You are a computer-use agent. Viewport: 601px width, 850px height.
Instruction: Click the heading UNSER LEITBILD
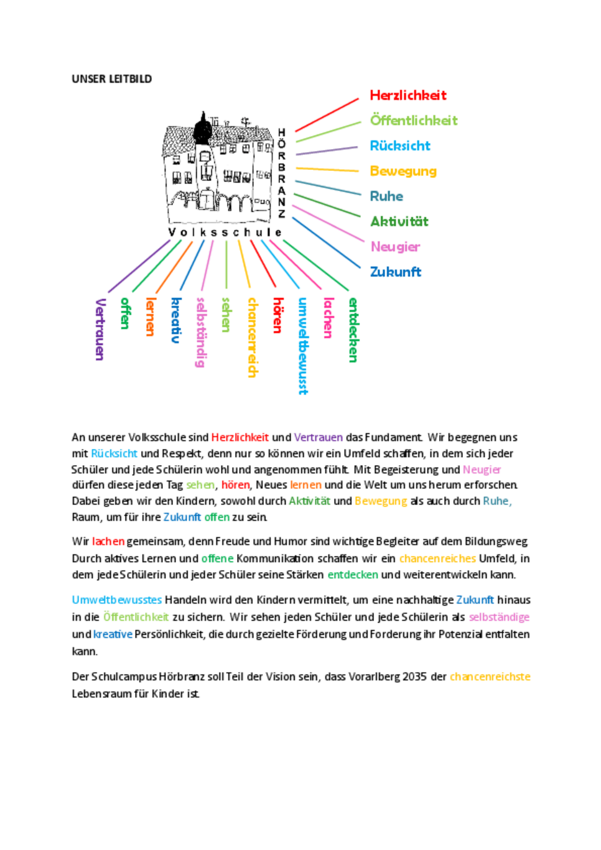tap(111, 79)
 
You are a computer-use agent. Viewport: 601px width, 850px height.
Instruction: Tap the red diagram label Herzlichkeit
tap(408, 95)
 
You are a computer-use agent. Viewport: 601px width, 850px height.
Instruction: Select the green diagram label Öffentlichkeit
tap(414, 120)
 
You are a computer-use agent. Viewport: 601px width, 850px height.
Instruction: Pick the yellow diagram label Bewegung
tap(403, 171)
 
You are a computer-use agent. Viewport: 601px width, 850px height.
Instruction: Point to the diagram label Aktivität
tap(399, 221)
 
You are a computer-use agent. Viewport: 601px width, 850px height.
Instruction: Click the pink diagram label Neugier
tap(395, 247)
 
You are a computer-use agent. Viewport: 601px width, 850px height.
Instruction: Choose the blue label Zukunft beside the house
tap(395, 272)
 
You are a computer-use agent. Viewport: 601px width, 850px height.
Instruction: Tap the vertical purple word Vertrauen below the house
tap(100, 329)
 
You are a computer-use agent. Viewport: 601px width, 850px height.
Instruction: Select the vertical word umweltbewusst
tap(303, 346)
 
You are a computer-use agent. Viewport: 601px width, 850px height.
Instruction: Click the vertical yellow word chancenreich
tap(252, 337)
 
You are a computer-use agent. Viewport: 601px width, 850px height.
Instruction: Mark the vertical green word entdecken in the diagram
tap(353, 330)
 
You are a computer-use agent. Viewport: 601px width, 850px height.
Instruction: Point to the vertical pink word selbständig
tap(201, 332)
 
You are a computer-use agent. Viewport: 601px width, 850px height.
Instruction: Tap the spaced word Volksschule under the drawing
tap(225, 233)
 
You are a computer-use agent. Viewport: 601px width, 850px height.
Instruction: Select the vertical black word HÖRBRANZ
tap(282, 173)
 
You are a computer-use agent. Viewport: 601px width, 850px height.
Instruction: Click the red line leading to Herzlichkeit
tap(327, 115)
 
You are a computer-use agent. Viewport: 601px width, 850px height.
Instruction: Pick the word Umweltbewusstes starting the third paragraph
tap(116, 600)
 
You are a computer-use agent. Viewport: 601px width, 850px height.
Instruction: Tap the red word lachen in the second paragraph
tap(108, 542)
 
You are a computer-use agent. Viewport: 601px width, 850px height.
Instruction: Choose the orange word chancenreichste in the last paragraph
tap(490, 677)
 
